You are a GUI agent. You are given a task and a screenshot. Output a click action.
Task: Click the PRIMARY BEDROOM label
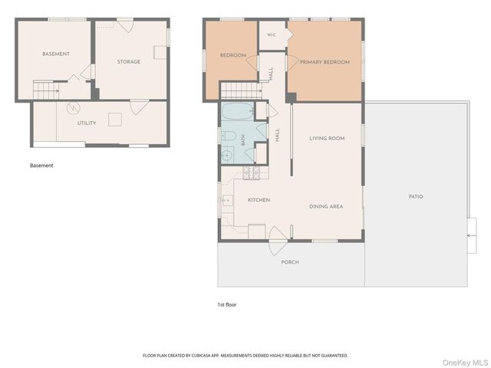tap(325, 62)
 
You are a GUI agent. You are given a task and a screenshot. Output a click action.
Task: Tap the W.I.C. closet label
tap(272, 34)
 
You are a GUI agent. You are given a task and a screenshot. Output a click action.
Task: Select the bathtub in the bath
tap(238, 111)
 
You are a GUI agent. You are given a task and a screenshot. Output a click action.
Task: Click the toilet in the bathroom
tap(229, 136)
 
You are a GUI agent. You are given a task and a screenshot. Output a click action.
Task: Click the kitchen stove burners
tap(252, 173)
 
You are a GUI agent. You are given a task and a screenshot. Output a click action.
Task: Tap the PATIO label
tap(416, 196)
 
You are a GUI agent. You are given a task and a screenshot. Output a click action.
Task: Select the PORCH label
tap(290, 262)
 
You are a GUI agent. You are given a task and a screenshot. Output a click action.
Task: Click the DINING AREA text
tap(326, 206)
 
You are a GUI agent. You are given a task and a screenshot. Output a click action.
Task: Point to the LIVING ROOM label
tap(327, 138)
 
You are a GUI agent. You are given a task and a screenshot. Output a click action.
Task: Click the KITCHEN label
tap(259, 200)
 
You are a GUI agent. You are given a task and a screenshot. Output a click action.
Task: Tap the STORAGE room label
tap(129, 61)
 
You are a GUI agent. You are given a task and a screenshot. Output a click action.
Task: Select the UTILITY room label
tap(87, 123)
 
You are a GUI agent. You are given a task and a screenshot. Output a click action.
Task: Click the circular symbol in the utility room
tap(74, 108)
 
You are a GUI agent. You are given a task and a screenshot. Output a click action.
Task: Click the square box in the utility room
tap(115, 120)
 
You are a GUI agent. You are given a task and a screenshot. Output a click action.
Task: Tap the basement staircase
tap(46, 90)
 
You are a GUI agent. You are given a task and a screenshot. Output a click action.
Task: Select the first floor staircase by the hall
tap(241, 90)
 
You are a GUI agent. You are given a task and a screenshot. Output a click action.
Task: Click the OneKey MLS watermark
tap(465, 363)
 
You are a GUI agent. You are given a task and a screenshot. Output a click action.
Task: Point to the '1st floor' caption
tap(227, 304)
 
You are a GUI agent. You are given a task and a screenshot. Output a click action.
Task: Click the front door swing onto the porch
tap(278, 241)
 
